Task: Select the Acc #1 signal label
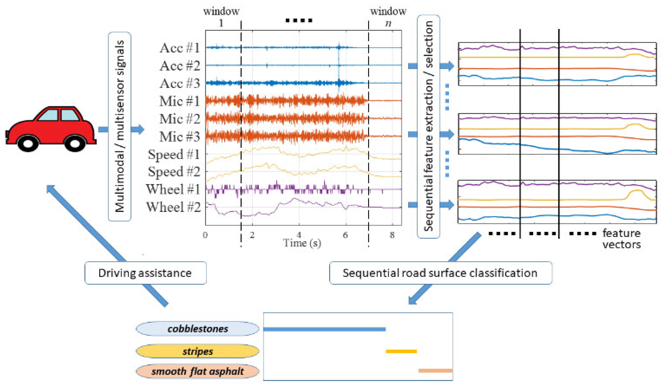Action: tap(180, 48)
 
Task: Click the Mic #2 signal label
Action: tap(180, 119)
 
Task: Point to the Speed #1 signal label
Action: tap(174, 154)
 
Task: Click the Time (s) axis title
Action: tap(302, 243)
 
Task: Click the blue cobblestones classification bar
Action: tap(324, 329)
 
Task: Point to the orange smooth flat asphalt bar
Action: tap(435, 371)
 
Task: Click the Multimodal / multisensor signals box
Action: tap(120, 126)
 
